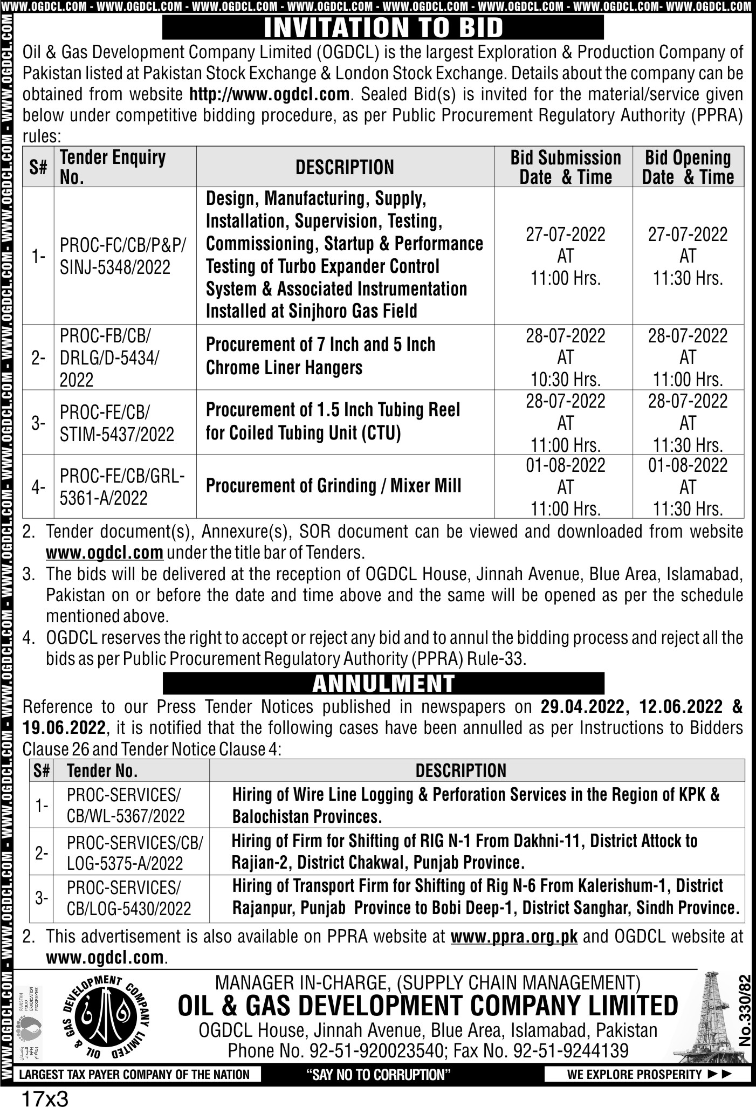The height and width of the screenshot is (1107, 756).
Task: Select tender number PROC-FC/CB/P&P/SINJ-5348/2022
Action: pyautogui.click(x=122, y=256)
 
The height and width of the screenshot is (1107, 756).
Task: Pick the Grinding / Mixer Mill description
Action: pyautogui.click(x=333, y=486)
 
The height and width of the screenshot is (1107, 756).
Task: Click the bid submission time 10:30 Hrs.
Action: pyautogui.click(x=565, y=379)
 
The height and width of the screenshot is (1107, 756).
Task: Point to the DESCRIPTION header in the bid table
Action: pyautogui.click(x=345, y=167)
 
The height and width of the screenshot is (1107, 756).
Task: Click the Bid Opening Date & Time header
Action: pyautogui.click(x=688, y=167)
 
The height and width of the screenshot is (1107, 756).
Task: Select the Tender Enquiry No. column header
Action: pyautogui.click(x=113, y=167)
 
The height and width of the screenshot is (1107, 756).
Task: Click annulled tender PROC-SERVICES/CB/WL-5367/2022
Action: pyautogui.click(x=126, y=805)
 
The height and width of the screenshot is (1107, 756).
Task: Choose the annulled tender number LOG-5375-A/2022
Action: pyautogui.click(x=125, y=863)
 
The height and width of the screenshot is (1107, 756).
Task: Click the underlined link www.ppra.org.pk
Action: pyautogui.click(x=514, y=936)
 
